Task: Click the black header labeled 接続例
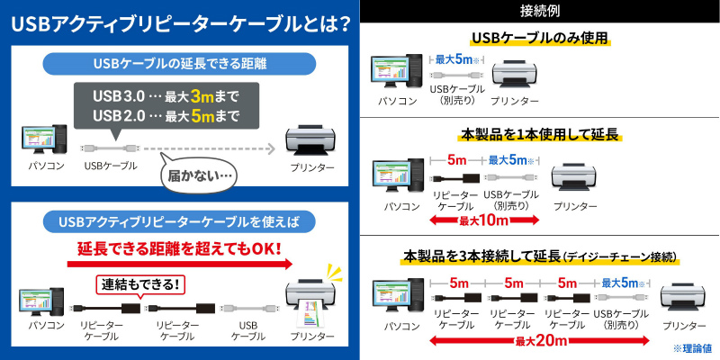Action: tap(539, 11)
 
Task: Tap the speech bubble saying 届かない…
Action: tap(198, 175)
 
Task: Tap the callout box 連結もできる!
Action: tap(139, 285)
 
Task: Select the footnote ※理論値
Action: tap(692, 348)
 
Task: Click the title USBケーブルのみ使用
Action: tap(539, 38)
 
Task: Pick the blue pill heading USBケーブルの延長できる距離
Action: tap(179, 64)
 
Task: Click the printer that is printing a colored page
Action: tap(311, 299)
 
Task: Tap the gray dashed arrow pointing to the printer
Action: tap(209, 148)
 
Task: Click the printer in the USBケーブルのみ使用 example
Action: tap(514, 75)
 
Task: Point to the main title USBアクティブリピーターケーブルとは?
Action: tap(178, 25)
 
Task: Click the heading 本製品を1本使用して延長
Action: tap(539, 135)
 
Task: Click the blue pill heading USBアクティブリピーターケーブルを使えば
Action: tap(179, 222)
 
